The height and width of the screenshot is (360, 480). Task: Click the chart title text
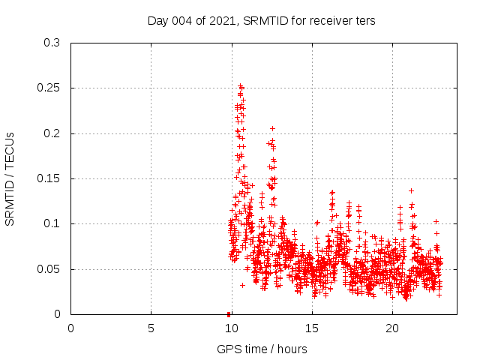pyautogui.click(x=261, y=20)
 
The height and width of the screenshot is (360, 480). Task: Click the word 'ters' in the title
pyautogui.click(x=365, y=20)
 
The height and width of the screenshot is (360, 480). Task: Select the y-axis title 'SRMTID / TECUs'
pyautogui.click(x=10, y=178)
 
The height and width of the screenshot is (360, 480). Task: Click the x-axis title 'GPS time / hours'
pyautogui.click(x=262, y=349)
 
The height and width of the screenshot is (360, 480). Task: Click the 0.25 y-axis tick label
pyautogui.click(x=52, y=88)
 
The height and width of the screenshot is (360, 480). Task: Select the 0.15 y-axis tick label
pyautogui.click(x=52, y=178)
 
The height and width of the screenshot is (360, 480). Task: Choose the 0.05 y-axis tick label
pyautogui.click(x=52, y=268)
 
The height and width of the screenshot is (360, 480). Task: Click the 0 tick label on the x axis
pyautogui.click(x=71, y=328)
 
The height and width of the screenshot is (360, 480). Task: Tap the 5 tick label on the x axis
pyautogui.click(x=151, y=328)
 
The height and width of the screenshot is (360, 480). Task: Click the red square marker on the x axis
pyautogui.click(x=229, y=314)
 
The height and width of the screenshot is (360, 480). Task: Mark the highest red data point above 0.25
pyautogui.click(x=240, y=85)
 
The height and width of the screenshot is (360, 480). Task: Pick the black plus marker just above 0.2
pyautogui.click(x=272, y=128)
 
